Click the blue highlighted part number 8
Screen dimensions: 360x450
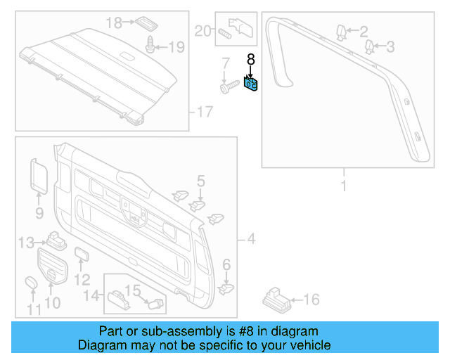[251, 84]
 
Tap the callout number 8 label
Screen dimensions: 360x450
[250, 60]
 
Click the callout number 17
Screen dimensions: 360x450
[204, 111]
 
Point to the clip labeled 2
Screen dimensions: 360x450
[340, 32]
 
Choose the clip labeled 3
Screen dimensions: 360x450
[369, 47]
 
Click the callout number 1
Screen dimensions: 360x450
[344, 186]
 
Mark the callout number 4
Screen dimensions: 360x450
[250, 240]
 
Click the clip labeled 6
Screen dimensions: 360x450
[225, 287]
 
